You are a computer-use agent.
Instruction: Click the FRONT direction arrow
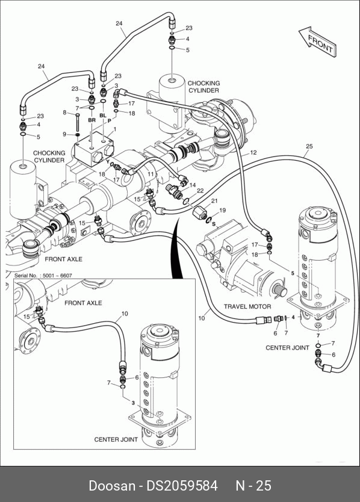pos(318,42)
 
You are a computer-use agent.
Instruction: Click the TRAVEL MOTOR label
pos(247,306)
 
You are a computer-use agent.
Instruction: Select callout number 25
pos(309,146)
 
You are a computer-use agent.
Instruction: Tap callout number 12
pos(253,153)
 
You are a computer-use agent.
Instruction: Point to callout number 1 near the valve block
pos(114,129)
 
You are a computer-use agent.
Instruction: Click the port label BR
pos(92,120)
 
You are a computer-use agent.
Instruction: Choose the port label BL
pos(103,115)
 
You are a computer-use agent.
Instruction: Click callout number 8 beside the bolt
pos(64,113)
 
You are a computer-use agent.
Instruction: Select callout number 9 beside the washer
pos(64,134)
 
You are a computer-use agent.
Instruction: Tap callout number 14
pos(193,185)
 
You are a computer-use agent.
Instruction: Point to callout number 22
pos(200,191)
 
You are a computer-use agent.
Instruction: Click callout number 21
pos(214,200)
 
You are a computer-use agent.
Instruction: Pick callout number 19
pos(223,210)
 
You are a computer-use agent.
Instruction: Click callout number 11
pos(151,174)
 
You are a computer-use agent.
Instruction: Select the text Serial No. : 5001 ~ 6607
pos(43,275)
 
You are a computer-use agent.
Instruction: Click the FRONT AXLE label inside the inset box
pos(83,303)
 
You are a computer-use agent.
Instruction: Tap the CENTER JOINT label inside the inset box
pos(116,439)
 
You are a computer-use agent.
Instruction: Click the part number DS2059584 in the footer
pos(182,486)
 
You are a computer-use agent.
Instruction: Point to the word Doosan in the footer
pos(112,486)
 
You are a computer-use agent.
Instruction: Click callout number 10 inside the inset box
pos(125,314)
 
